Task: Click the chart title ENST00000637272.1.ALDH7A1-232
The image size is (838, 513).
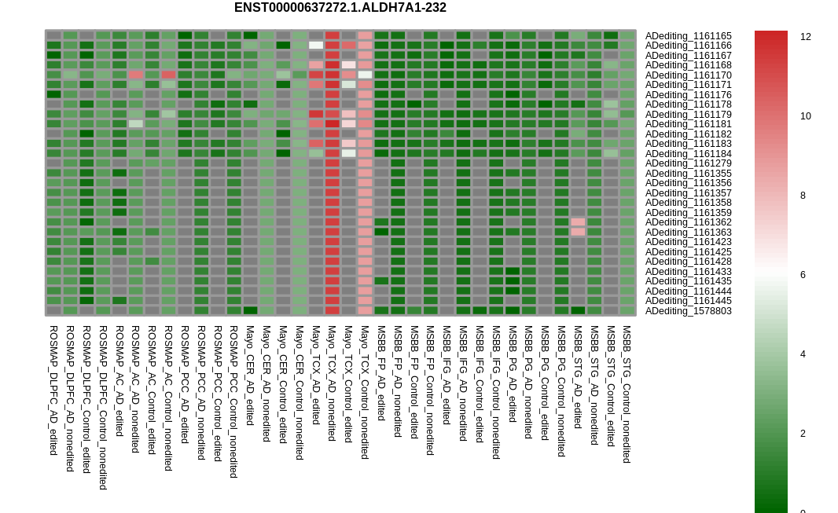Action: click(x=340, y=8)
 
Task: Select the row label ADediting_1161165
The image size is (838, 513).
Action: click(x=689, y=36)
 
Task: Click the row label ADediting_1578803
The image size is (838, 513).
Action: click(x=689, y=310)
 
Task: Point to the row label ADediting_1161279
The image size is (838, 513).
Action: click(x=689, y=163)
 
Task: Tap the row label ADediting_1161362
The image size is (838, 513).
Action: click(x=689, y=222)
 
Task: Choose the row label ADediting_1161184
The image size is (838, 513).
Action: click(x=689, y=154)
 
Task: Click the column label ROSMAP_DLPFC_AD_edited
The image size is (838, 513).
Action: click(x=53, y=390)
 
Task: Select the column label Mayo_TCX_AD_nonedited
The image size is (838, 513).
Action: click(x=332, y=383)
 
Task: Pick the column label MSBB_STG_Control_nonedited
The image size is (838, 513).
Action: click(x=627, y=394)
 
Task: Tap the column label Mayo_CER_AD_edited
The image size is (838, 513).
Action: click(x=249, y=376)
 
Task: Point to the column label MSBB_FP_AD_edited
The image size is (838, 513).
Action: click(x=381, y=372)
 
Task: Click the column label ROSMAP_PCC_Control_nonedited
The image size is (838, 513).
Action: click(x=233, y=401)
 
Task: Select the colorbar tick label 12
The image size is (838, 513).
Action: click(x=806, y=37)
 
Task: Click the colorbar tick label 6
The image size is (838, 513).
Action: click(x=803, y=275)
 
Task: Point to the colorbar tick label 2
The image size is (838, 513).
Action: click(x=803, y=434)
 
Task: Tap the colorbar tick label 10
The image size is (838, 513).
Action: click(x=806, y=115)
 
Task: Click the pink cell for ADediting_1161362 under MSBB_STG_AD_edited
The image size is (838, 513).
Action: click(x=579, y=222)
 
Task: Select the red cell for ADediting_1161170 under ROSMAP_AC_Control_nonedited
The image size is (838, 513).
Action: click(x=168, y=75)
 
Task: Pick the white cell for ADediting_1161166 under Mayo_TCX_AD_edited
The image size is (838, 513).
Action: click(x=316, y=46)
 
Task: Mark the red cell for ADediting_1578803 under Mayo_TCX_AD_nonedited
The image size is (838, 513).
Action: click(x=333, y=310)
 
